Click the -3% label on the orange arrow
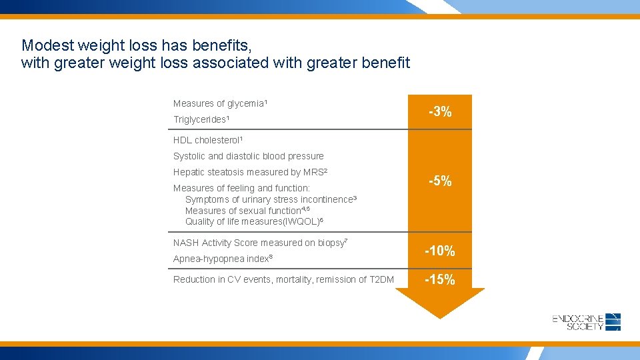440,112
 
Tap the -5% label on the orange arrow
440,181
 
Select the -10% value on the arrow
440,251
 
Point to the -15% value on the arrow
440,280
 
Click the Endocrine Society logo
587,322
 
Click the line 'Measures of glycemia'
220,103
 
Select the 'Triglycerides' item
201,119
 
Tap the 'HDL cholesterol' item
208,140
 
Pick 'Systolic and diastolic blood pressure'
248,156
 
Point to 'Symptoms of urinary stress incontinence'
271,199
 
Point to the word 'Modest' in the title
48,45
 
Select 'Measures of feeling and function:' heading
241,188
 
